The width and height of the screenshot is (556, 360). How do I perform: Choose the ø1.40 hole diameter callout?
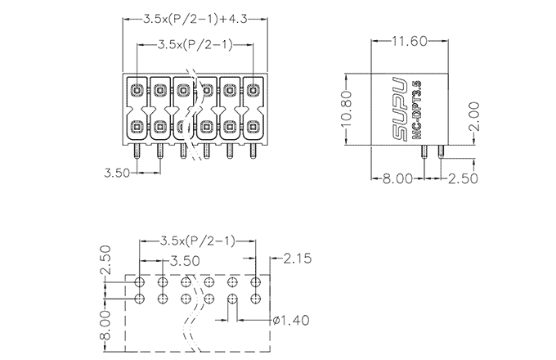click(289, 319)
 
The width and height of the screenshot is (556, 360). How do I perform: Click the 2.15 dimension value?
click(297, 260)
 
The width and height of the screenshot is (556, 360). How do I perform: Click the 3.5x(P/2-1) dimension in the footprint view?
click(198, 241)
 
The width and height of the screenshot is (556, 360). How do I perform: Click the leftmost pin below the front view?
click(137, 152)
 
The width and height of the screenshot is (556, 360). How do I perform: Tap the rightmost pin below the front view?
click(253, 152)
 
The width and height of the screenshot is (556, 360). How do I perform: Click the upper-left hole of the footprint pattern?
click(140, 282)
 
